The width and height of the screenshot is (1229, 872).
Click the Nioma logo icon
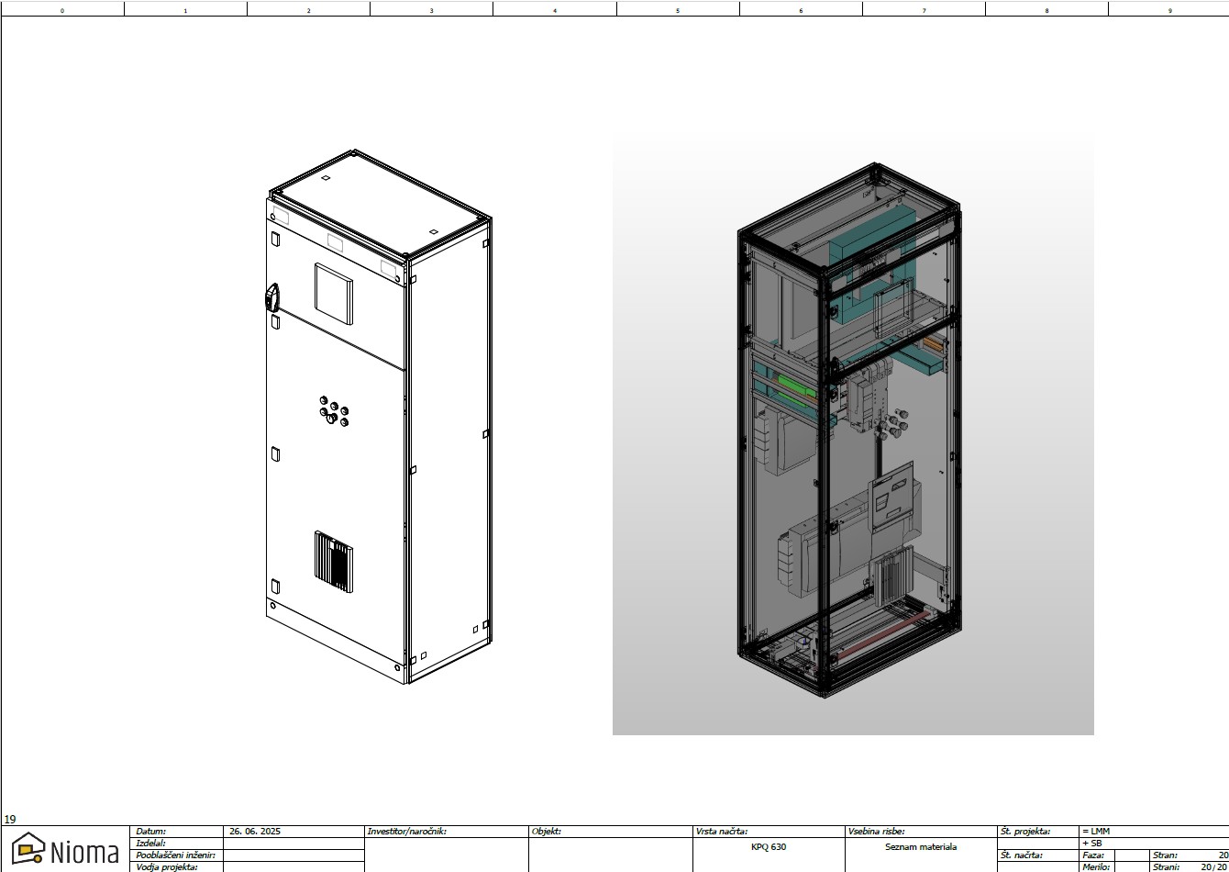(28, 848)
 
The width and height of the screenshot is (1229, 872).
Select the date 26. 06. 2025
(255, 832)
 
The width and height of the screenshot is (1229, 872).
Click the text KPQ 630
(768, 847)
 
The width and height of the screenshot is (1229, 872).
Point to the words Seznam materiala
(920, 847)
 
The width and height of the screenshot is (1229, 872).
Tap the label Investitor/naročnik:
(406, 832)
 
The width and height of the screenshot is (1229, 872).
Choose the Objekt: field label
(547, 832)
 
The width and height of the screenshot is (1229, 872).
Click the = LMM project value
(1096, 832)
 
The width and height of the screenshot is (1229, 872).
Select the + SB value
(1092, 843)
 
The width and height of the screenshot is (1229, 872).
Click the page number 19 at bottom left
(10, 820)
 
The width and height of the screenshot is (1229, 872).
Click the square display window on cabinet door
(334, 294)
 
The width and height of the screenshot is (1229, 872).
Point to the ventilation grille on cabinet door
(334, 561)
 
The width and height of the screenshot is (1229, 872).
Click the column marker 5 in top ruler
(678, 10)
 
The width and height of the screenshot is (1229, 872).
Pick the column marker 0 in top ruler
(62, 10)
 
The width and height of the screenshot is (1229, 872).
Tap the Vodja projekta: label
(167, 866)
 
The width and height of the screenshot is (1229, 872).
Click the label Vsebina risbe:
(877, 832)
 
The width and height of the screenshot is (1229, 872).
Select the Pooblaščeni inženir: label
(176, 855)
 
